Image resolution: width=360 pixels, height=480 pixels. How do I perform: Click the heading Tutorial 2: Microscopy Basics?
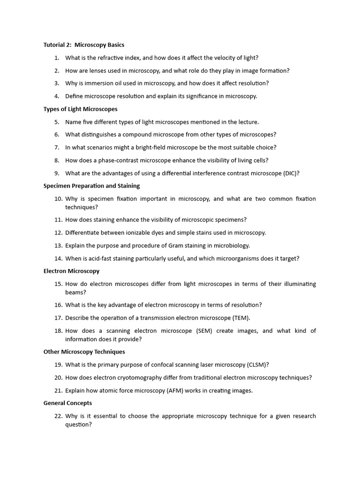click(x=84, y=45)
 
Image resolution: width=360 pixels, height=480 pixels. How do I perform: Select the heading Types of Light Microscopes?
click(x=80, y=109)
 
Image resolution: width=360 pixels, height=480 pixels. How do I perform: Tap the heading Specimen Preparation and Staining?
click(x=91, y=186)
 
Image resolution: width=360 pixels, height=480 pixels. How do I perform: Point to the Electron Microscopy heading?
click(x=71, y=271)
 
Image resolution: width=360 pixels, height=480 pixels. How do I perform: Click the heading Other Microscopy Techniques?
click(x=84, y=352)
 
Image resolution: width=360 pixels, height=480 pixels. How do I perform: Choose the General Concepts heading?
click(x=67, y=403)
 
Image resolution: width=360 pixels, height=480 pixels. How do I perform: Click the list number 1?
click(x=56, y=58)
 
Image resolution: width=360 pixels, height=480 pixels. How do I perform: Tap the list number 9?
click(x=56, y=173)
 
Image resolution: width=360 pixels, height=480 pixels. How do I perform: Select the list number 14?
click(x=58, y=258)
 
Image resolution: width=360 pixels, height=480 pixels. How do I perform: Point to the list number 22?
click(x=58, y=416)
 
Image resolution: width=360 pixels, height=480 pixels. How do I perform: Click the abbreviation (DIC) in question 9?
click(x=291, y=173)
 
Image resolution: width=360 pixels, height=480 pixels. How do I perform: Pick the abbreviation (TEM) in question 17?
click(x=240, y=318)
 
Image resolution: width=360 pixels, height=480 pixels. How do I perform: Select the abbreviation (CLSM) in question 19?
click(x=257, y=365)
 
